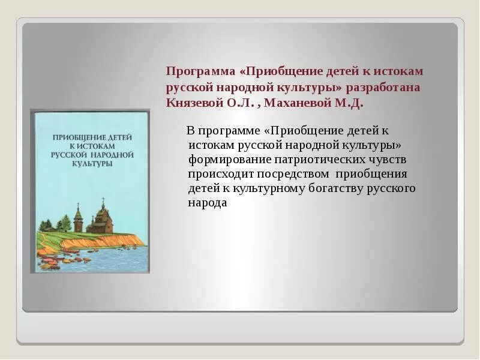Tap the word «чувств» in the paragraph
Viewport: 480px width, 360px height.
click(386, 160)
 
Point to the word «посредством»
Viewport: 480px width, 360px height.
click(293, 174)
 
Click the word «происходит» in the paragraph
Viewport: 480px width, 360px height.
click(221, 174)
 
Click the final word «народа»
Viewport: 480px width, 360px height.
click(207, 203)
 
